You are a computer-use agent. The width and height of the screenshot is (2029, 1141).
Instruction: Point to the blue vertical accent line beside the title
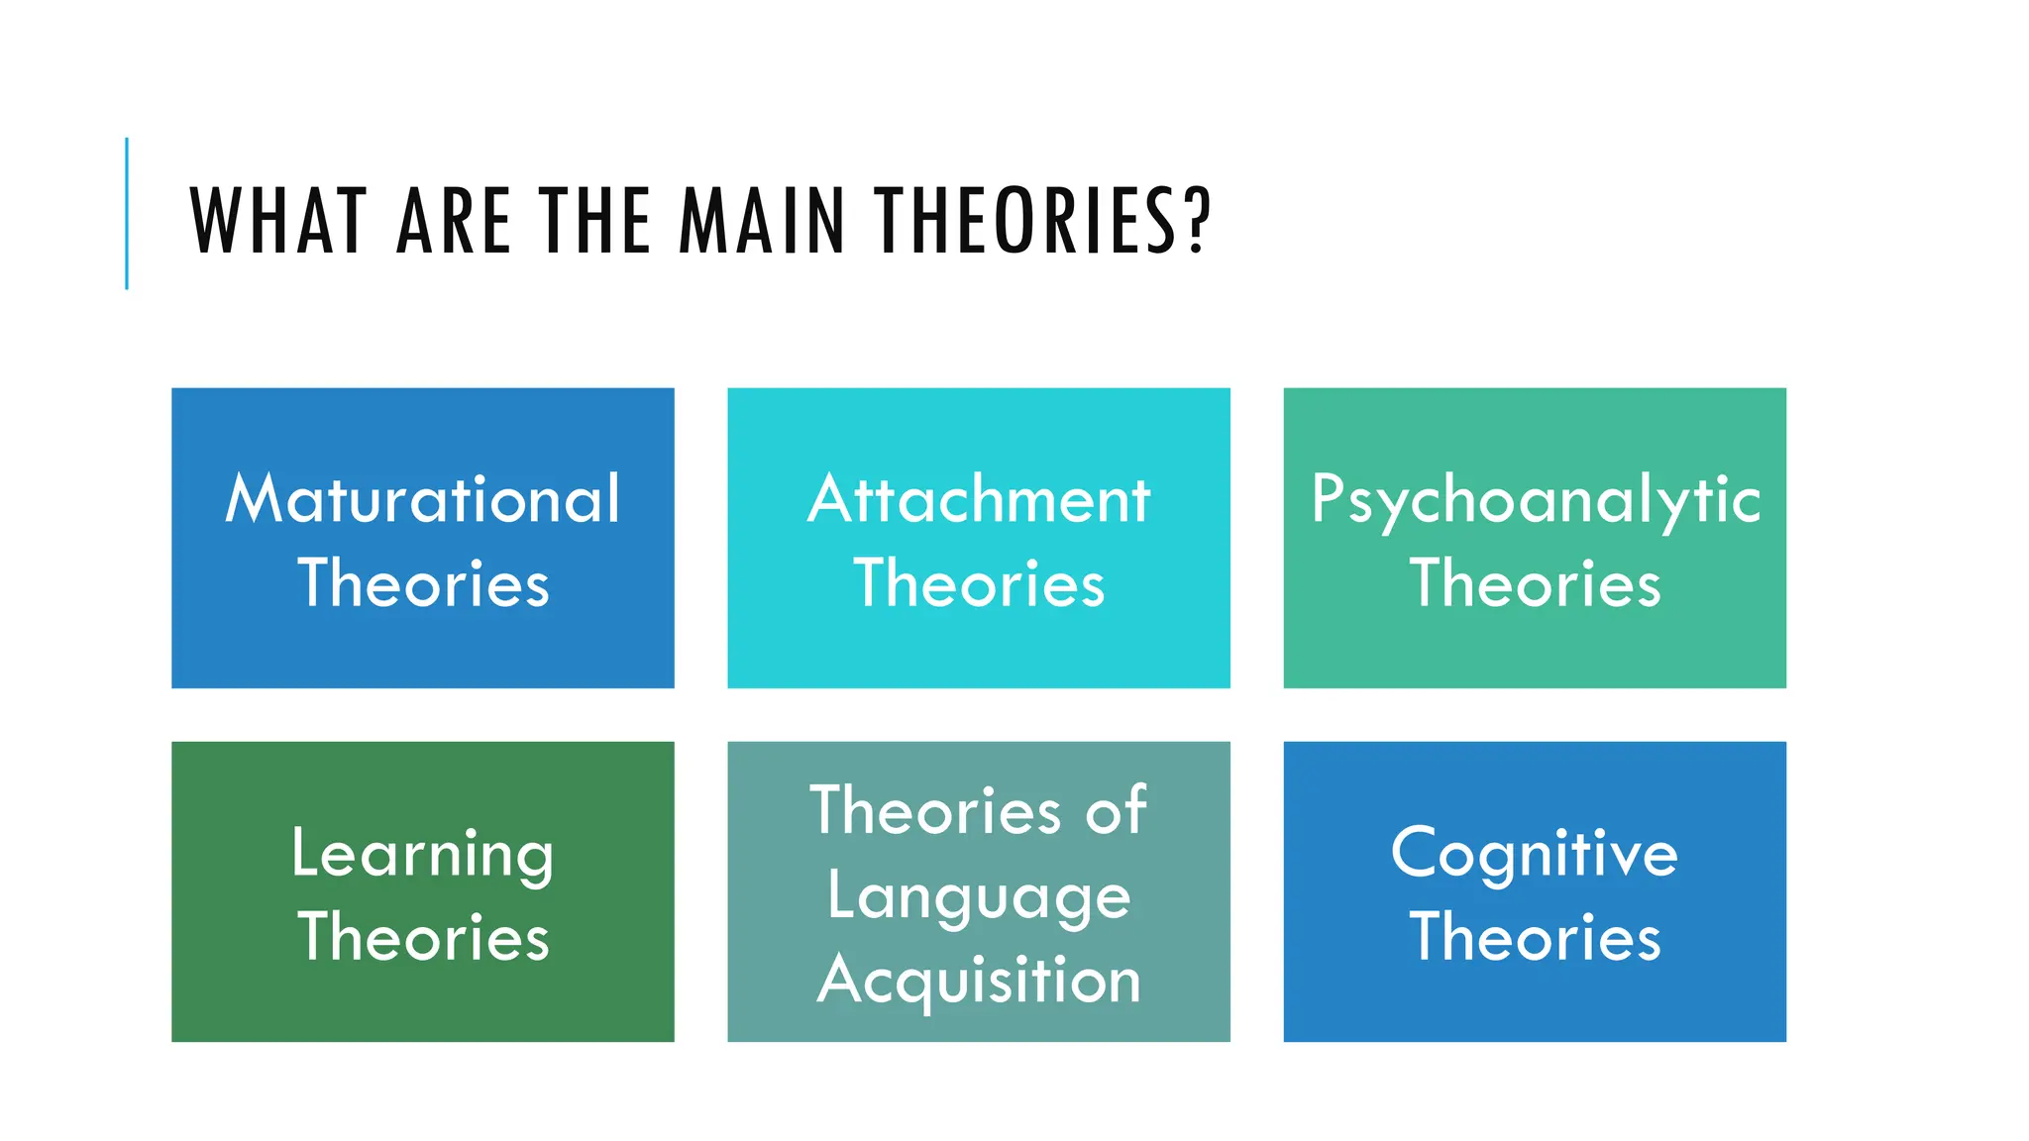(x=127, y=213)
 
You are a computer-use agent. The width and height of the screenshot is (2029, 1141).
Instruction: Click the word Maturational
(x=423, y=498)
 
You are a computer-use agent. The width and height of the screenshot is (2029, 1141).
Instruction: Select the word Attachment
(x=979, y=498)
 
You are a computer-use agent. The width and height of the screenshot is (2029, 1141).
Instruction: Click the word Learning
(x=423, y=854)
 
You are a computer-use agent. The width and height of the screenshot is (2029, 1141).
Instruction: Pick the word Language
(x=979, y=897)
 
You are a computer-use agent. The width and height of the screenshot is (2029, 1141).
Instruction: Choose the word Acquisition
(x=979, y=981)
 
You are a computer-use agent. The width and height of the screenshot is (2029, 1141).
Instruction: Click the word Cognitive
(x=1535, y=854)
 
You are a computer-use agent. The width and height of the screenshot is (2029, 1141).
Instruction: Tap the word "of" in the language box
(x=1116, y=811)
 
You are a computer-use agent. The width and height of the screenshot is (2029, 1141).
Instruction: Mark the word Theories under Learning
(x=423, y=937)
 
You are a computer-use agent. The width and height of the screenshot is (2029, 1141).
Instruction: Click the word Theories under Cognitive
(x=1535, y=937)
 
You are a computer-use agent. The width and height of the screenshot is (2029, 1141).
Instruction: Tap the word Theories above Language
(x=935, y=811)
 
